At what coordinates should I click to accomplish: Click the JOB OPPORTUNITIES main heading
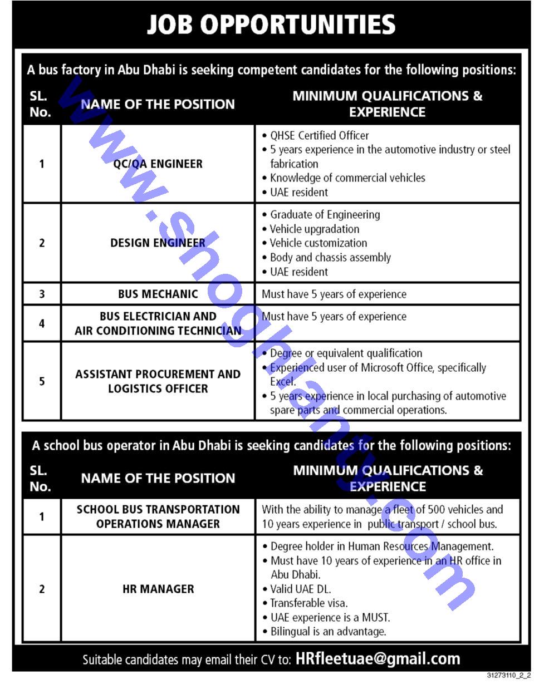(x=271, y=24)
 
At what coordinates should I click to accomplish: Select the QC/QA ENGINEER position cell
(x=158, y=164)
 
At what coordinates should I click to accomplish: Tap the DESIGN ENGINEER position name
(x=158, y=243)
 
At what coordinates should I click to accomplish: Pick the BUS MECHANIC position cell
(x=158, y=294)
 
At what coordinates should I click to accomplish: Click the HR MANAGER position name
(x=158, y=589)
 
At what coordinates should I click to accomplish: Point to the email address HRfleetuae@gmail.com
(x=378, y=659)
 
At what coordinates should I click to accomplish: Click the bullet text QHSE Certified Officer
(x=319, y=135)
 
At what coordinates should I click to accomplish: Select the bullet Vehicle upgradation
(x=315, y=229)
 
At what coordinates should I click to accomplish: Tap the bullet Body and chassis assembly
(x=330, y=257)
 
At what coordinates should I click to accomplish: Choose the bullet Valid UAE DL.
(x=300, y=589)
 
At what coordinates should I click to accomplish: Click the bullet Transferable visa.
(x=309, y=603)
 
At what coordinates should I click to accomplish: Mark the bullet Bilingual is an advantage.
(x=328, y=631)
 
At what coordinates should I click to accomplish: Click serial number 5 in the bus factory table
(x=42, y=381)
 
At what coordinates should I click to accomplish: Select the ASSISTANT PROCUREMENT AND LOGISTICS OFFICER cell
(x=158, y=381)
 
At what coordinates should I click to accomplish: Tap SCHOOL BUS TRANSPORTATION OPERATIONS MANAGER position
(x=158, y=516)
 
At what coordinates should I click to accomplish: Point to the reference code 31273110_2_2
(x=508, y=676)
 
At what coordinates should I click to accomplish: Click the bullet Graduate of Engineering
(x=325, y=214)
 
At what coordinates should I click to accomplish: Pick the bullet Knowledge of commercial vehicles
(x=347, y=178)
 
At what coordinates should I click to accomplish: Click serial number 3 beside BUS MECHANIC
(x=42, y=294)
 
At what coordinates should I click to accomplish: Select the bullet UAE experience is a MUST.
(x=330, y=617)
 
